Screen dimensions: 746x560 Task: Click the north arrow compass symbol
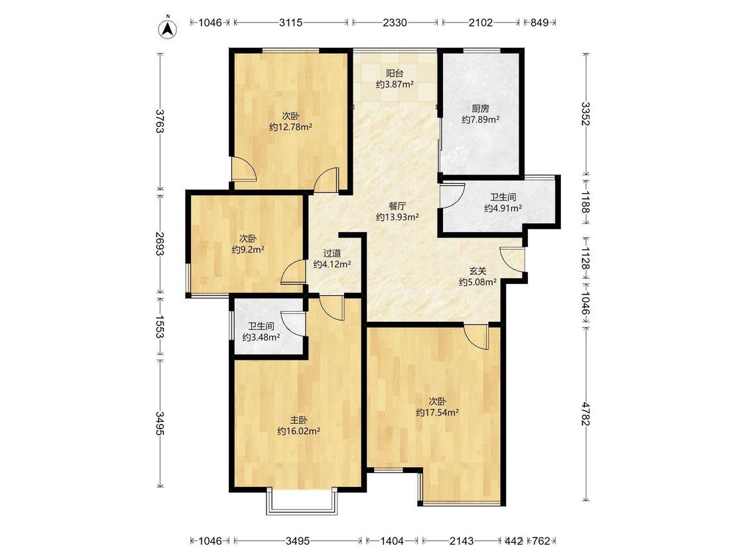tap(168, 28)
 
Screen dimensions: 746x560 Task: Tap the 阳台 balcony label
tap(395, 74)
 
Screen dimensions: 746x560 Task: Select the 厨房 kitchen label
tap(481, 109)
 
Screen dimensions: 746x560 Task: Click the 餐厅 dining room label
tap(397, 206)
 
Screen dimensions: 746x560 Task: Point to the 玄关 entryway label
tap(477, 271)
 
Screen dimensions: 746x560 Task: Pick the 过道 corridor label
tap(332, 254)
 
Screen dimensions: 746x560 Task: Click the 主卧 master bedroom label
tap(299, 421)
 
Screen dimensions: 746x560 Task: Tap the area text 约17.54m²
tap(437, 413)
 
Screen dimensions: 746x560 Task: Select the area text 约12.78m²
tap(290, 127)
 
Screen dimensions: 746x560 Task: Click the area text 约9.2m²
tap(248, 249)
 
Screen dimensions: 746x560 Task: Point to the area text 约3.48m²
tap(261, 337)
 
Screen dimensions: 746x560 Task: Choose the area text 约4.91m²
tap(503, 208)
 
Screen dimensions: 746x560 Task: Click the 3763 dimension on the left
tap(159, 121)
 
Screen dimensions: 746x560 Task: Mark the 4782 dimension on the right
tap(585, 414)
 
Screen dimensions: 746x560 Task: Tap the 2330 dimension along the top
tap(395, 23)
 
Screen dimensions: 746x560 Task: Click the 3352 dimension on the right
tap(585, 114)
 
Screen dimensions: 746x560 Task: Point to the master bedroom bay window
tap(302, 501)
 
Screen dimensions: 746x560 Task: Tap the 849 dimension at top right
tap(540, 23)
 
